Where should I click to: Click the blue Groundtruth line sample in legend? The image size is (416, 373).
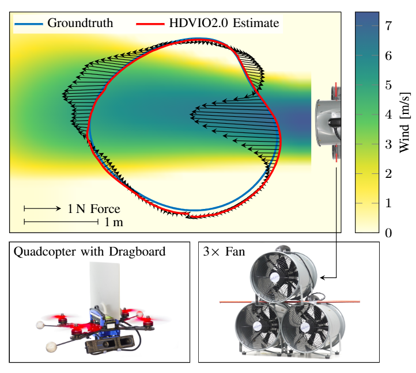coord(28,24)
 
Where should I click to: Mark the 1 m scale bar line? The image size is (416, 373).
coord(62,222)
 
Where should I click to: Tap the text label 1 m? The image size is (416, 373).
coord(114,222)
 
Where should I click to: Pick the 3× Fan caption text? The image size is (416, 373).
coord(224,252)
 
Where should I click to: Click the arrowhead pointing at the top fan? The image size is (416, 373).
coord(323,278)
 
